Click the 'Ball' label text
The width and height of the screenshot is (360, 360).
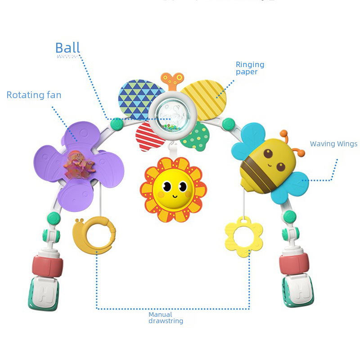[67, 48]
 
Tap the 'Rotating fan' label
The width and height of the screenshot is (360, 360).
[34, 95]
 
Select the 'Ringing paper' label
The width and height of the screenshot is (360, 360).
[250, 68]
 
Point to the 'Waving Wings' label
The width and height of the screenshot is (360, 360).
[333, 144]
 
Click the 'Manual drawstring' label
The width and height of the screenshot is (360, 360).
[166, 318]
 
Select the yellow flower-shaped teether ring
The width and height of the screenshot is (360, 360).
[243, 236]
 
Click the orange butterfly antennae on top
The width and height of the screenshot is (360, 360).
[172, 81]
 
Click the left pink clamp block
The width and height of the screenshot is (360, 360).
[47, 266]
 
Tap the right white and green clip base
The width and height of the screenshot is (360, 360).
[297, 291]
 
